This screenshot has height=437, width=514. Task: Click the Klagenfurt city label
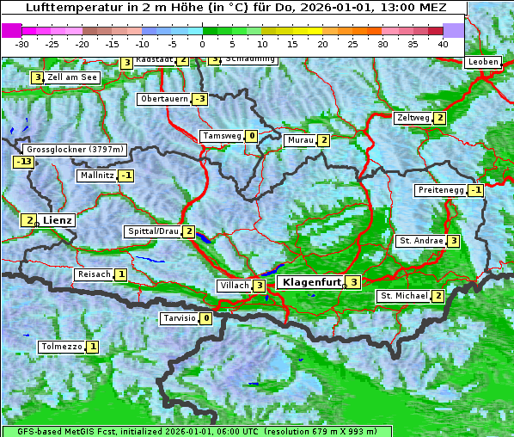coord(309,281)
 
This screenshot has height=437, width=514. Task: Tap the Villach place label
coord(234,286)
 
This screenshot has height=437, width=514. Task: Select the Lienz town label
coord(58,220)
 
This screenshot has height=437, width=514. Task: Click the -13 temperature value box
coord(24,161)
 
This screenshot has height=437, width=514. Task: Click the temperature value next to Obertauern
coord(200,99)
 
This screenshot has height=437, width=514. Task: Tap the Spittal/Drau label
coord(153,231)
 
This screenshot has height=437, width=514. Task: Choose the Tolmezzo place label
coord(62,347)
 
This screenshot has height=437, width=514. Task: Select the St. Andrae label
coord(420,241)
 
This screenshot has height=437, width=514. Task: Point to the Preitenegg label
coord(440,190)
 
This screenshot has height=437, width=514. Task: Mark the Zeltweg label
coord(413,118)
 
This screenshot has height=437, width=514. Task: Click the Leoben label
coord(483,62)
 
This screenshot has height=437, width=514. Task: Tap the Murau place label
coord(300,140)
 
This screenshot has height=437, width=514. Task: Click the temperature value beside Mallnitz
coord(126,175)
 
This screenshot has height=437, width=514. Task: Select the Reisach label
coord(95,274)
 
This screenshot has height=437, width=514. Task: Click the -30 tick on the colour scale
coord(22,43)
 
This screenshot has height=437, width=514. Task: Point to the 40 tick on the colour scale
coord(443,43)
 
